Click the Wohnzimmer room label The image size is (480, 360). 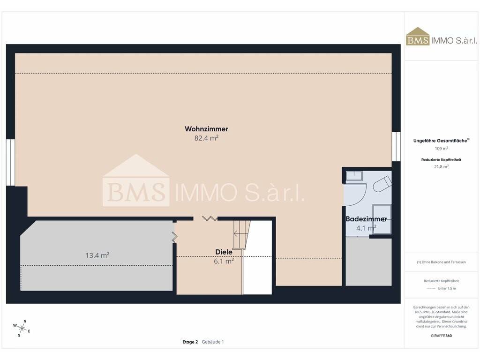(206, 129)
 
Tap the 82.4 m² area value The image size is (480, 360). (206, 138)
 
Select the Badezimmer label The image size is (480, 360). (366, 219)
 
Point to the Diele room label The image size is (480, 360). (224, 252)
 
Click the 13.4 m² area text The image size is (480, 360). (97, 255)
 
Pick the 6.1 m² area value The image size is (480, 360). (224, 261)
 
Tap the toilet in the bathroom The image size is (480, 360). (382, 184)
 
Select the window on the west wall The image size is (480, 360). (10, 162)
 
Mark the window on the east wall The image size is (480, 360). (396, 147)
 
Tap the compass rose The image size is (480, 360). (22, 329)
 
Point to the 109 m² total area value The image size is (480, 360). (442, 149)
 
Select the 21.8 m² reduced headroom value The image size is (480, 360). (442, 166)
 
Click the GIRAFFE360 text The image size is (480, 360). (441, 336)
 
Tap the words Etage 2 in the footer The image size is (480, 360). (190, 342)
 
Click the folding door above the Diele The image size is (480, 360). (210, 218)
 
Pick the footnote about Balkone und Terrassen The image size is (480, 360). (441, 262)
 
